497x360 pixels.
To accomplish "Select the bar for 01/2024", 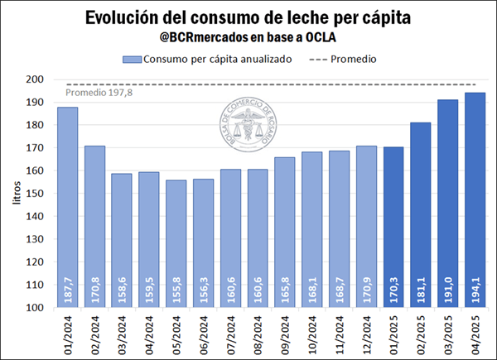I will click(68, 207).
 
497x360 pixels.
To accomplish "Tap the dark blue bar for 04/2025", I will click(475, 199).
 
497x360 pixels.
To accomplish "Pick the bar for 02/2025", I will click(421, 214).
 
